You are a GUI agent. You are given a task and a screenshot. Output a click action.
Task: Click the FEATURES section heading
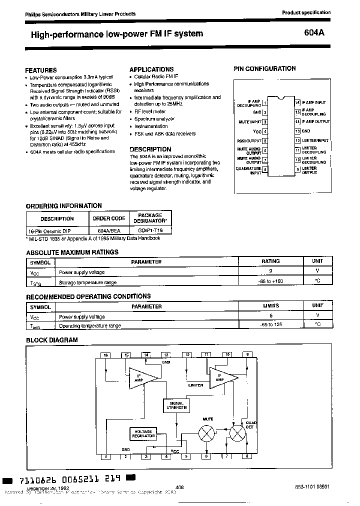[41, 70]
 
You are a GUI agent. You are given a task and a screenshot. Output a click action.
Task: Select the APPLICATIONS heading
[151, 69]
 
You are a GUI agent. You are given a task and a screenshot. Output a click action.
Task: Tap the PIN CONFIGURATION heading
[264, 69]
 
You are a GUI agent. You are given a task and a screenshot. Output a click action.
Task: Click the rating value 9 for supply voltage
[270, 270]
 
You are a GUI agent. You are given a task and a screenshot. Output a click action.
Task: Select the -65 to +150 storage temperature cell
[270, 282]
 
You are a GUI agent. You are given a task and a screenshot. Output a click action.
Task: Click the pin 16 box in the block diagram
[105, 355]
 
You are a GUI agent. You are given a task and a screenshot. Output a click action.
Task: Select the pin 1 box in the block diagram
[105, 456]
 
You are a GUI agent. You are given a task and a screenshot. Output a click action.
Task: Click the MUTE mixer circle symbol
[205, 433]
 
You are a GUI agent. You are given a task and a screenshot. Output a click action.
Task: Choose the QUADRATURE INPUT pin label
[248, 170]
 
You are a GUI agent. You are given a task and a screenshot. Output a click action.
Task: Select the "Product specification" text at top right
[306, 12]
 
